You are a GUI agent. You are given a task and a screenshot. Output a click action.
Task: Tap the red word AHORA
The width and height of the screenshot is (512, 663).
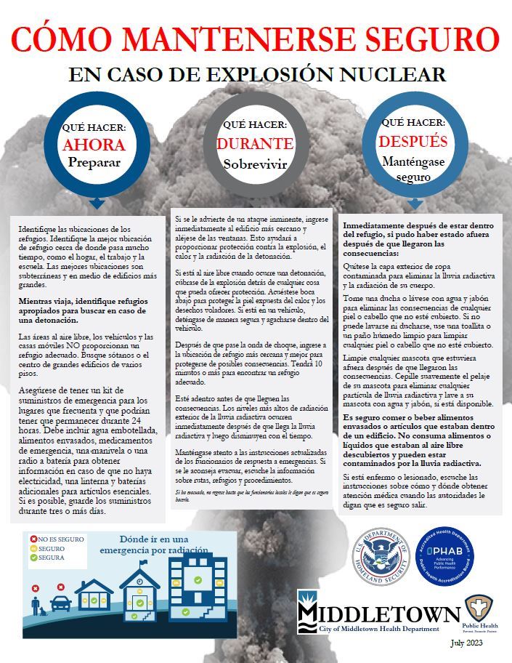[94, 144]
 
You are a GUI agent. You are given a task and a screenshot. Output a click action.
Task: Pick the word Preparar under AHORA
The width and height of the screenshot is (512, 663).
[94, 162]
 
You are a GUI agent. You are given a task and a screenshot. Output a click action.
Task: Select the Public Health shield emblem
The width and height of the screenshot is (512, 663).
[479, 608]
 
